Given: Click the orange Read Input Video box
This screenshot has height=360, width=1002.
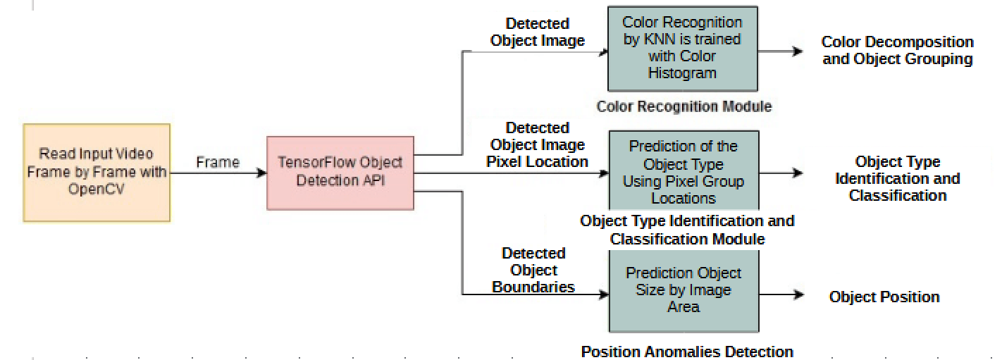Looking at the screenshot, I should click(x=97, y=173).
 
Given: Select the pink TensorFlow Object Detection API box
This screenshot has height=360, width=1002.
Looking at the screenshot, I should click(x=340, y=173).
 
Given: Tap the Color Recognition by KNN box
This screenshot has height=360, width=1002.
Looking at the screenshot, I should click(x=682, y=48).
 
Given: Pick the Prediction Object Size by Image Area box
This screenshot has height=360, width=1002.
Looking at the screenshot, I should click(x=684, y=290).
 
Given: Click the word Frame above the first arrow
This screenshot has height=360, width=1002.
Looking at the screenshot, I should click(x=218, y=162).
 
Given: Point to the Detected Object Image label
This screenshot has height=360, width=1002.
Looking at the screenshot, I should click(x=538, y=32).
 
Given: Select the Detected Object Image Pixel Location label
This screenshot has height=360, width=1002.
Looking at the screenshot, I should click(x=538, y=144).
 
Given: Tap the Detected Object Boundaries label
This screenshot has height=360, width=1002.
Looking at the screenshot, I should click(x=533, y=270).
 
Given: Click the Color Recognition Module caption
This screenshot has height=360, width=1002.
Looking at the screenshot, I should click(x=684, y=107).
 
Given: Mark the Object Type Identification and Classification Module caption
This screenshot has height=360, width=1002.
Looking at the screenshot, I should click(x=687, y=230).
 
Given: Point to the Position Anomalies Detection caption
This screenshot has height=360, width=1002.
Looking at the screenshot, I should click(x=687, y=351).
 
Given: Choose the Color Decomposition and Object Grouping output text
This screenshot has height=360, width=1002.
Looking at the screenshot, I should click(x=897, y=51).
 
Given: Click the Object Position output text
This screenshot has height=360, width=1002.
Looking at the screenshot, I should click(x=884, y=297).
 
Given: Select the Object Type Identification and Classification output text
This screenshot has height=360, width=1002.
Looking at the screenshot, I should click(x=897, y=179).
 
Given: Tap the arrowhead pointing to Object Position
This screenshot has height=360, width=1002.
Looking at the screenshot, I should click(x=798, y=295).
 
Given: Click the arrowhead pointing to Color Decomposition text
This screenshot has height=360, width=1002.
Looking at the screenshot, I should click(x=798, y=51).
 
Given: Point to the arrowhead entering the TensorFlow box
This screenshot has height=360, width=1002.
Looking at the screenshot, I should click(x=261, y=173).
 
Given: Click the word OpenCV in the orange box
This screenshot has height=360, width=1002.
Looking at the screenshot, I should click(x=97, y=190).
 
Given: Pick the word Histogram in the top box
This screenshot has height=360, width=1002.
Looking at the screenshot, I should click(x=682, y=73).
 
